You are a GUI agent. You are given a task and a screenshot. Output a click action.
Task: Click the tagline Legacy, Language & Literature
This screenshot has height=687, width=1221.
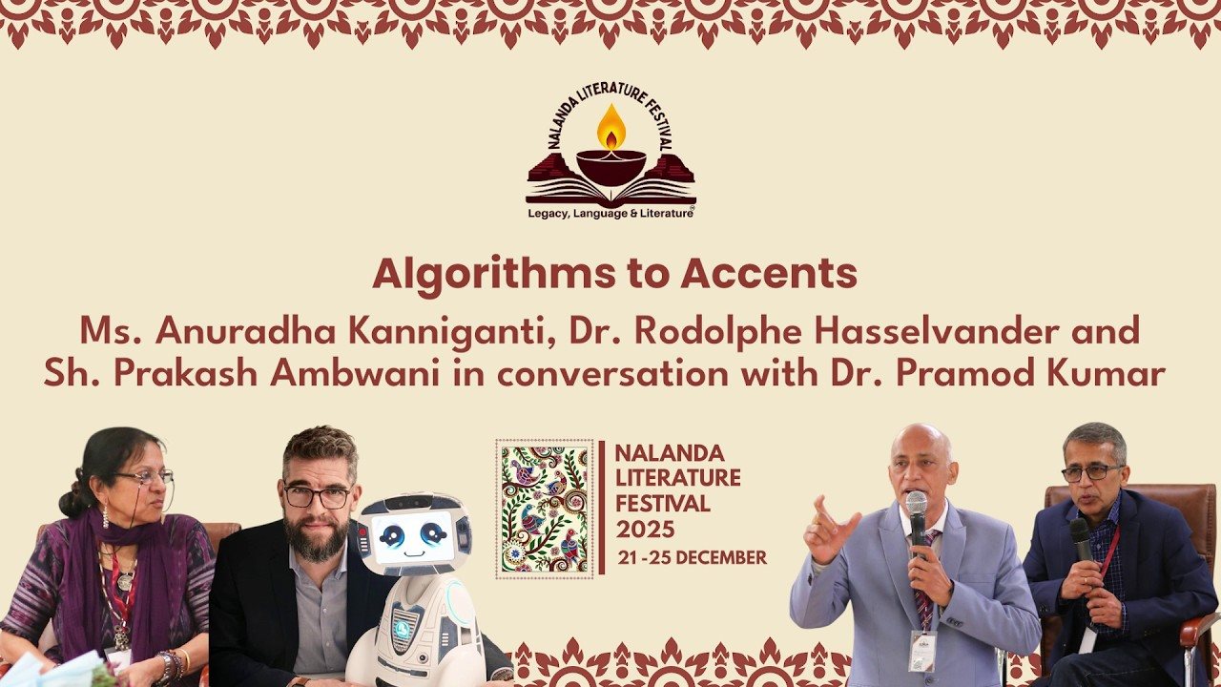point(610,214)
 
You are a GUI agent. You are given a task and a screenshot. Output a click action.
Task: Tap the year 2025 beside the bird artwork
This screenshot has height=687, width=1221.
point(645,529)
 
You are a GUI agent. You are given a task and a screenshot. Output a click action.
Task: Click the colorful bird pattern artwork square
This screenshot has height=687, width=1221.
point(545,509)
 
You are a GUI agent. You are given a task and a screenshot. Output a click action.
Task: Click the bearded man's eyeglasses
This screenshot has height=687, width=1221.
point(318,497)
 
